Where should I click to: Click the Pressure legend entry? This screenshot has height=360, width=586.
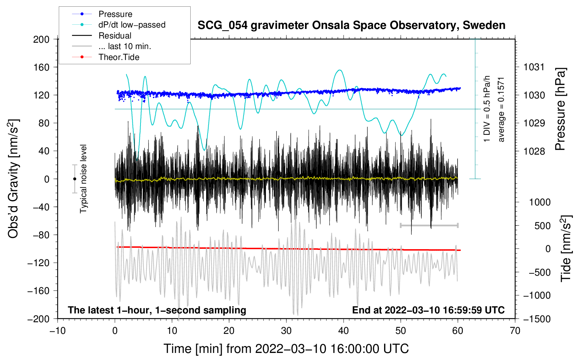click(115, 14)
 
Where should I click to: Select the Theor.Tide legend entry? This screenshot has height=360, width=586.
click(119, 57)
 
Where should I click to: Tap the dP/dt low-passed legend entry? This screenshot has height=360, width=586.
click(132, 25)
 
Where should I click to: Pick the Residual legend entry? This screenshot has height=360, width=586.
click(115, 36)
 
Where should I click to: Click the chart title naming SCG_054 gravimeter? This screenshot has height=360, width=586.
click(351, 25)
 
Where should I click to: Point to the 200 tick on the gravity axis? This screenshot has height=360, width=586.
click(41, 39)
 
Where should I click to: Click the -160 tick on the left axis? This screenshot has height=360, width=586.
click(39, 291)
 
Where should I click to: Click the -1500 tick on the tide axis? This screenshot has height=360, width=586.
click(537, 319)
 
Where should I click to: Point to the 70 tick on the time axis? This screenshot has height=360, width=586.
click(515, 331)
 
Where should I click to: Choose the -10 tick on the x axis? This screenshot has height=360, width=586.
click(58, 331)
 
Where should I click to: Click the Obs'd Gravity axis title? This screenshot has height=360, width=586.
click(13, 179)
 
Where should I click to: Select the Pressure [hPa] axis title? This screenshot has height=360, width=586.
click(561, 109)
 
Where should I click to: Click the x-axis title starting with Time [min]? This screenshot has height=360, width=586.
click(286, 349)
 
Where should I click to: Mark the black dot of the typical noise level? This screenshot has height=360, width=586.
click(74, 179)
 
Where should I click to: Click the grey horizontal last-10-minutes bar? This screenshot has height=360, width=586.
click(429, 225)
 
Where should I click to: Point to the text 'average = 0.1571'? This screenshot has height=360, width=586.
click(501, 109)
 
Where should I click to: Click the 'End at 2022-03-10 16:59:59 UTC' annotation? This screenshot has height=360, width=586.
click(428, 310)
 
